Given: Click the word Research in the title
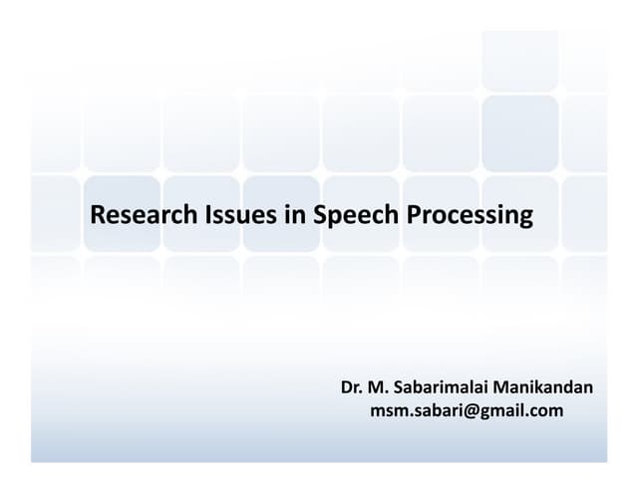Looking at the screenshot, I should [135, 214].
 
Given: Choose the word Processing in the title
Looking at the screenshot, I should [469, 215].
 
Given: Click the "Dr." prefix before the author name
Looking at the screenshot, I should [351, 386].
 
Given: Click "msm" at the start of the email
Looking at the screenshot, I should [387, 409].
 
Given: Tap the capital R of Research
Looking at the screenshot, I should [97, 214].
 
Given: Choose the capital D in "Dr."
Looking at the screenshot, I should [346, 386].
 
